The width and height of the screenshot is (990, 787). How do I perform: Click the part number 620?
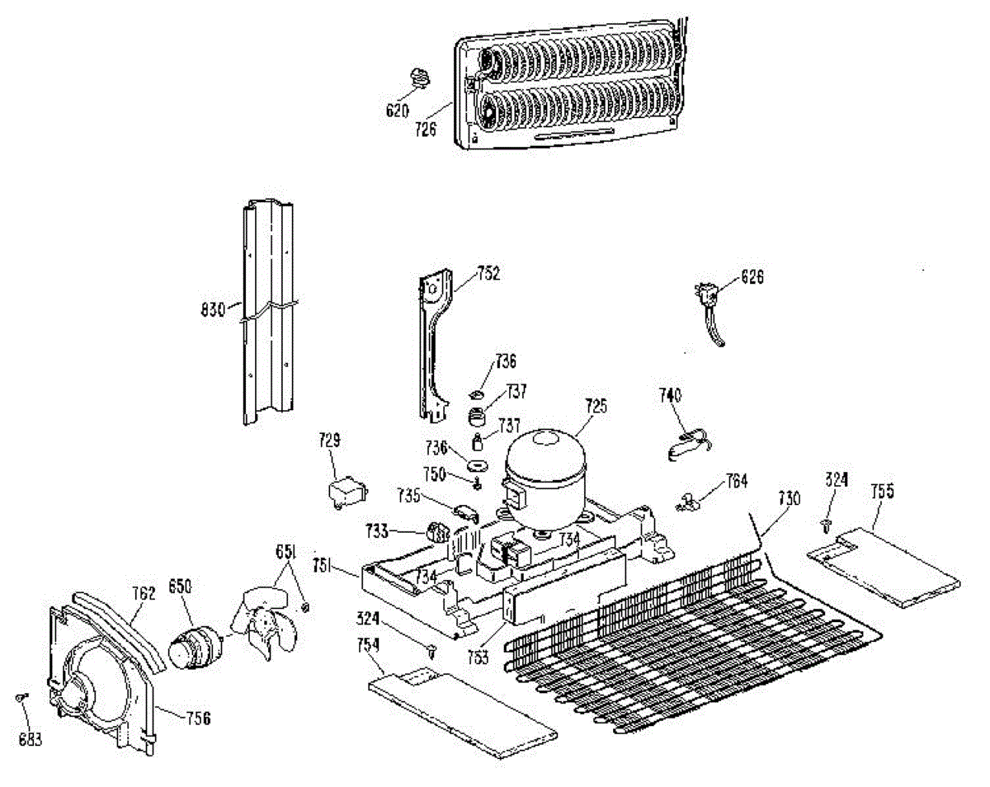(398, 109)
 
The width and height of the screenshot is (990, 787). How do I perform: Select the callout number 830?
(213, 311)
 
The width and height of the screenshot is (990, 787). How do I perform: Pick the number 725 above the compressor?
(596, 406)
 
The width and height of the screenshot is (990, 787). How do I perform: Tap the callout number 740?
(670, 396)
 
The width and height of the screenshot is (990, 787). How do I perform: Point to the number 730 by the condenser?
(789, 498)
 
